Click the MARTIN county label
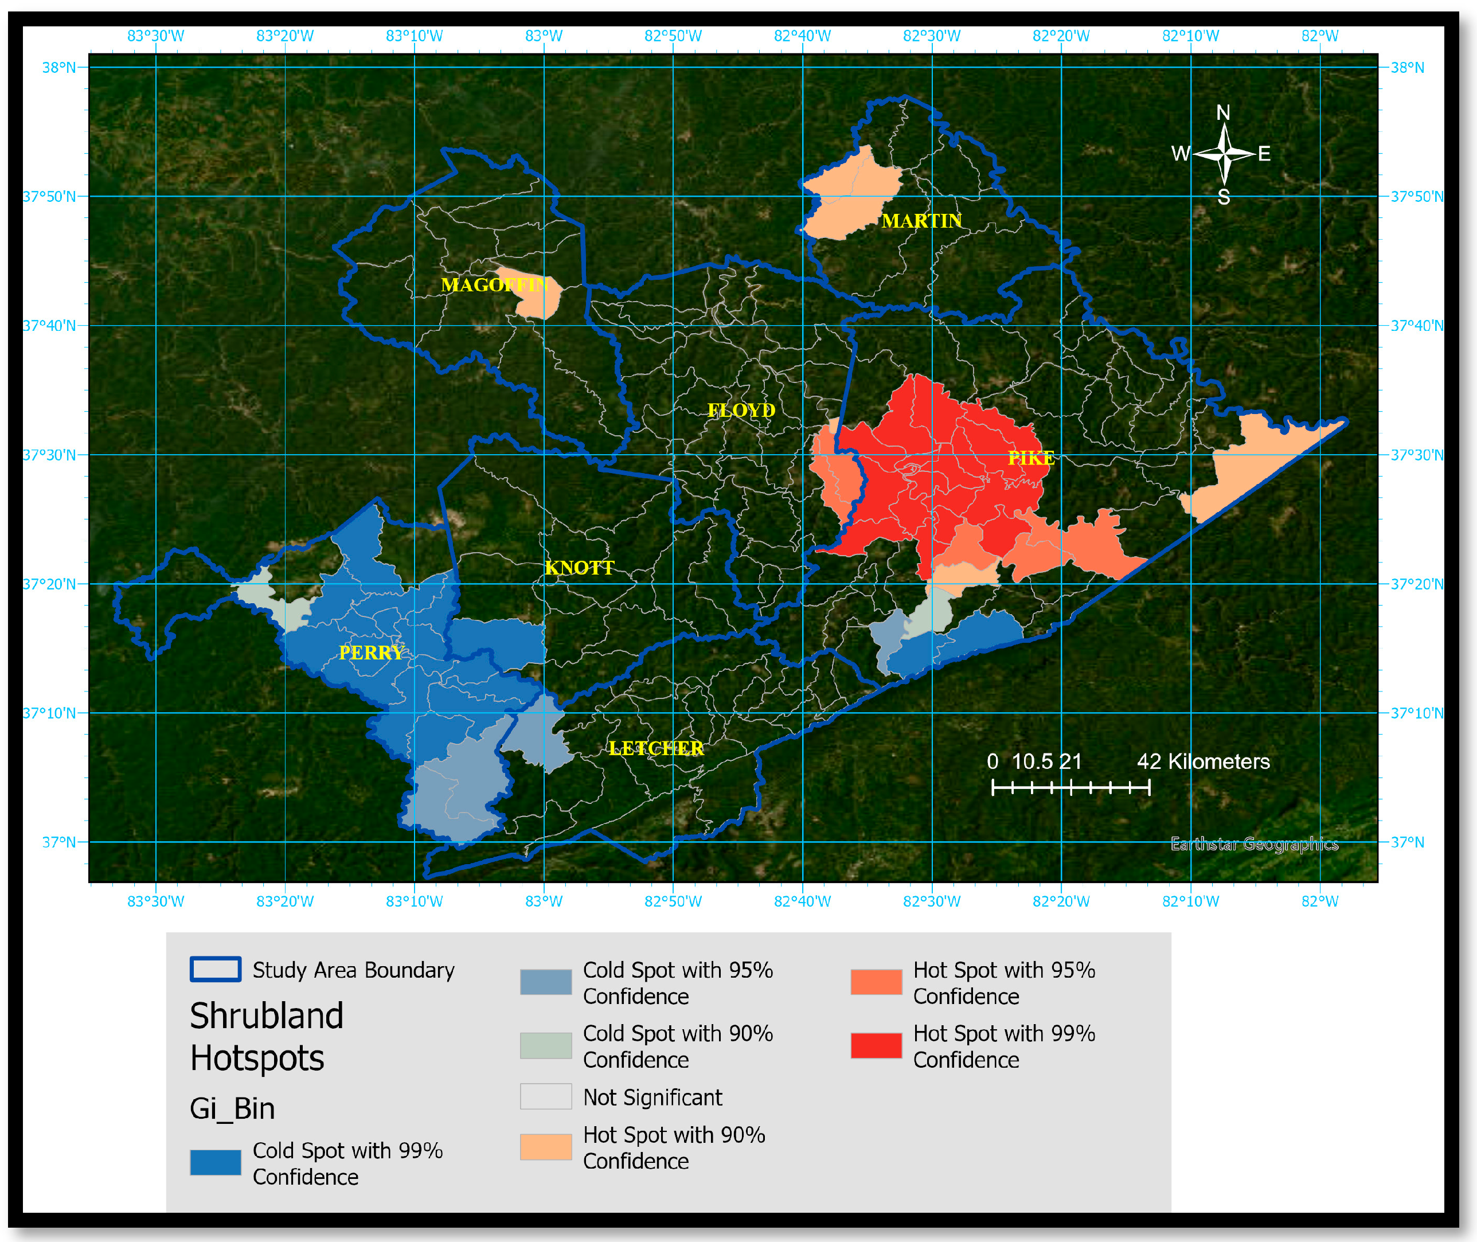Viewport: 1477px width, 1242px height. point(921,221)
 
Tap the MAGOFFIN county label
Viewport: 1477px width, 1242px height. point(494,284)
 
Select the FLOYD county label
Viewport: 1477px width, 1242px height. point(741,410)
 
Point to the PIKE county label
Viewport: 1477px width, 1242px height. point(1031,458)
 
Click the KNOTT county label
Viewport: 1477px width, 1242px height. point(580,568)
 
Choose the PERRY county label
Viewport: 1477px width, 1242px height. point(371,653)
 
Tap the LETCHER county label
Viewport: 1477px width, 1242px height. point(656,748)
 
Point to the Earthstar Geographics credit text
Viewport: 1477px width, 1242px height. point(1254,843)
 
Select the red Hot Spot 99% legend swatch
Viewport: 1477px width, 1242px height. point(876,1045)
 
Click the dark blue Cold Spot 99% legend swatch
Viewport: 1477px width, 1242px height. point(216,1162)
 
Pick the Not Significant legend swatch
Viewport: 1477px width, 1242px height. point(546,1096)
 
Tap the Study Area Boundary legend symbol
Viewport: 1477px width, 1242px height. point(216,969)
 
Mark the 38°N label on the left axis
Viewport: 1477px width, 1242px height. point(59,68)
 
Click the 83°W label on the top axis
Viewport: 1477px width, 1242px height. point(544,36)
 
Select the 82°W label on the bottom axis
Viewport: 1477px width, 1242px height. point(1319,901)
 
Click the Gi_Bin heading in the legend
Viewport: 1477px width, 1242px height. point(232,1108)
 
